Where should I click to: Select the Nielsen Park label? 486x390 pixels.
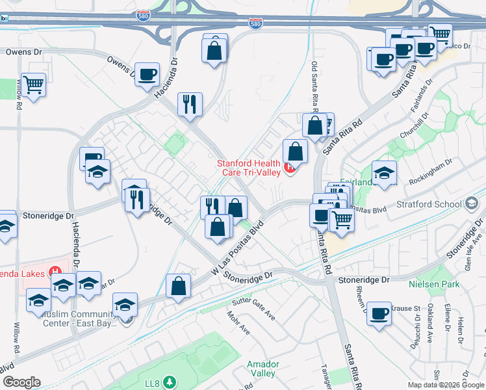[434, 284]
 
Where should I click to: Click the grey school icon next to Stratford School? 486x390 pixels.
[470, 204]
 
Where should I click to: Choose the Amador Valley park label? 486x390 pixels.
[263, 369]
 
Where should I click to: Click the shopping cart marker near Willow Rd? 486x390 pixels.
[33, 83]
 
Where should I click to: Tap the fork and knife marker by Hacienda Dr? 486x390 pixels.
[189, 103]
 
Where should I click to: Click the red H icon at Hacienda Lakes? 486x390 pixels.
[57, 272]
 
